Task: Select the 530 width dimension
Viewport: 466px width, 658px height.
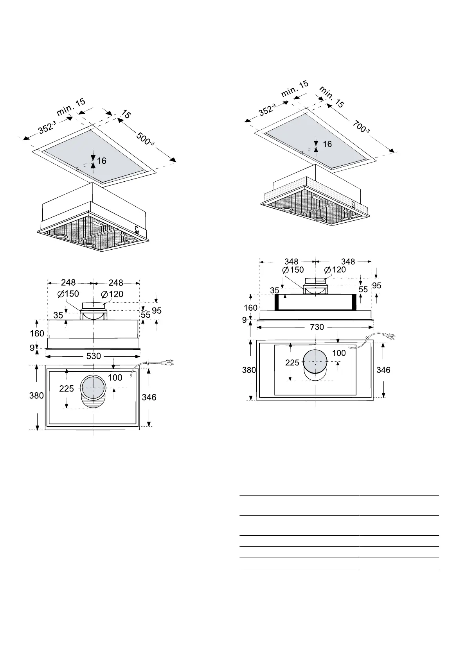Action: [x=94, y=356]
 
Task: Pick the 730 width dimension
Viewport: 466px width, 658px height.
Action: [x=317, y=327]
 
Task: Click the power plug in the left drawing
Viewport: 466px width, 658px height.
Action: [x=167, y=363]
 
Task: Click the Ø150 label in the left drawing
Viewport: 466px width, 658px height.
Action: [x=68, y=294]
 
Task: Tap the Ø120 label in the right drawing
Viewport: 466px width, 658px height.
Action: [x=335, y=270]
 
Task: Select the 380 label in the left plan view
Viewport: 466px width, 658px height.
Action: [x=36, y=395]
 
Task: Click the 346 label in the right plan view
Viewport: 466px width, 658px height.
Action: [x=383, y=370]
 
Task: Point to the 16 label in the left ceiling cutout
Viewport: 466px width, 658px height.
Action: [x=102, y=161]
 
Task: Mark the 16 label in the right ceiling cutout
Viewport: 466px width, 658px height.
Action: [x=327, y=144]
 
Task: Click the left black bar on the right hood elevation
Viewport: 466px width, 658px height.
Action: [x=277, y=302]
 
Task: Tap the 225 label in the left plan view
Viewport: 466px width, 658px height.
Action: [x=67, y=388]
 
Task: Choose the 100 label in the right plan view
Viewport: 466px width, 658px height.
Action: [x=339, y=353]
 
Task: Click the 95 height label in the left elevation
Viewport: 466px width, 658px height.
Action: [x=157, y=311]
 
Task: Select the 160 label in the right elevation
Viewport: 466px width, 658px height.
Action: [x=250, y=308]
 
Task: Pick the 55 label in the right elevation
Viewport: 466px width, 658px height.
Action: [x=363, y=290]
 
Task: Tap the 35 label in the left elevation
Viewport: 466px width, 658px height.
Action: [x=58, y=315]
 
